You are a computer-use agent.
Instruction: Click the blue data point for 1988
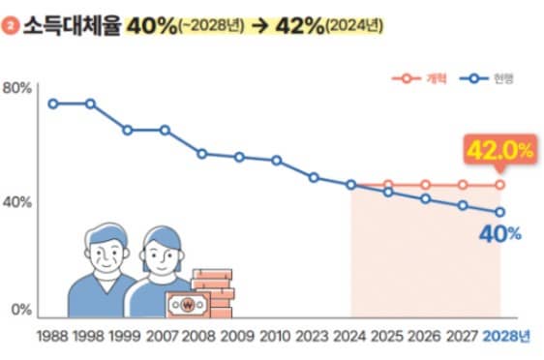point(53,104)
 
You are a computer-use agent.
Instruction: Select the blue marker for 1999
point(128,130)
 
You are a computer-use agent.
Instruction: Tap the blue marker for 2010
point(277,161)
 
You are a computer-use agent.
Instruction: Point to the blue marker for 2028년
point(500,212)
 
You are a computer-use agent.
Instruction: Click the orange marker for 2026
point(426,184)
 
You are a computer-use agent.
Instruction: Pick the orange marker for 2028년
point(500,184)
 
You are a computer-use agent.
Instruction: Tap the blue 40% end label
point(501,233)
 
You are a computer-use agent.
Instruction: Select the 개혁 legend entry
point(416,77)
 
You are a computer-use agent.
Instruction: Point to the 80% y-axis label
point(18,88)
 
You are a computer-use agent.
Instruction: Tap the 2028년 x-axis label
point(506,337)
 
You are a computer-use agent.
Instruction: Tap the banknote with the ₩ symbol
point(188,305)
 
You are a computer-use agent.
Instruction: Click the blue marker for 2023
point(314,177)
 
